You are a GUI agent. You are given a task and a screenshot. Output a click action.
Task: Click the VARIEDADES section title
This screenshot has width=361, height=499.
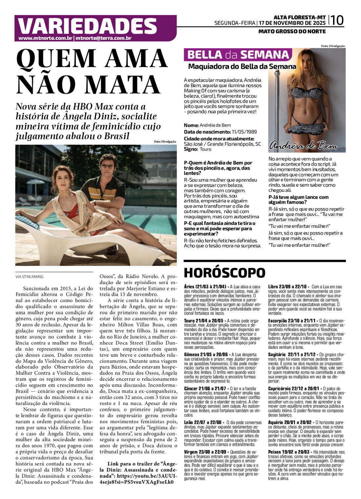(x=87, y=26)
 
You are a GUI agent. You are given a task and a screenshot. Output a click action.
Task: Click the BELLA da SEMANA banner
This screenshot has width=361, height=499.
(x=238, y=55)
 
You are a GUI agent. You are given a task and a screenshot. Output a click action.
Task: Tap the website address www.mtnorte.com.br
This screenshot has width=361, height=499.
(x=45, y=38)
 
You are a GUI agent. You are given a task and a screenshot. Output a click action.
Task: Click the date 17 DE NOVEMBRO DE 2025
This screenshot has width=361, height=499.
(x=292, y=23)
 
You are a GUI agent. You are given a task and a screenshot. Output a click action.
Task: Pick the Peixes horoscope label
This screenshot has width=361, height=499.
(x=275, y=452)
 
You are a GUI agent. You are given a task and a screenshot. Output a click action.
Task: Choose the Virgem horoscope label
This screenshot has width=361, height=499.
(x=191, y=452)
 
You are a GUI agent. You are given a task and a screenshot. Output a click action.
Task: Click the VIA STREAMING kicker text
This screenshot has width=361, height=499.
(x=29, y=277)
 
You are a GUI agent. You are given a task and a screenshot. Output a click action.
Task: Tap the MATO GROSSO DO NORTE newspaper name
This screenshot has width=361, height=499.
(x=292, y=32)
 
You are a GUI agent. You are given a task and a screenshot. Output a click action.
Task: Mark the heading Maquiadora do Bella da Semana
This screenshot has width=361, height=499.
(x=242, y=67)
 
